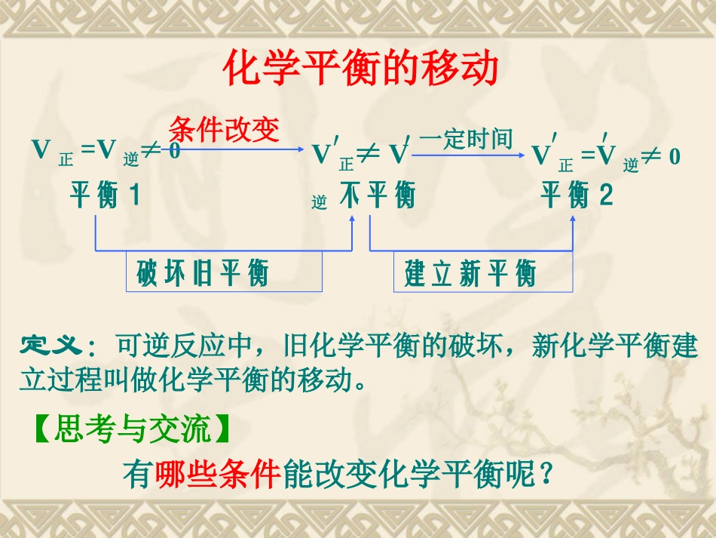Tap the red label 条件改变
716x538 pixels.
point(224,129)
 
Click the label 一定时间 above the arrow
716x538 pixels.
point(466,139)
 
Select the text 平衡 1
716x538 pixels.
point(105,196)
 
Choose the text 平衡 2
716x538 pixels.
point(577,196)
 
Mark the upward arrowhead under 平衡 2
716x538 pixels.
point(573,217)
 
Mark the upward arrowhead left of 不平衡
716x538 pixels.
point(353,217)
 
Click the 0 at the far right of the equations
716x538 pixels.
point(675,156)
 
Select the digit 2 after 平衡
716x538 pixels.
point(606,196)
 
